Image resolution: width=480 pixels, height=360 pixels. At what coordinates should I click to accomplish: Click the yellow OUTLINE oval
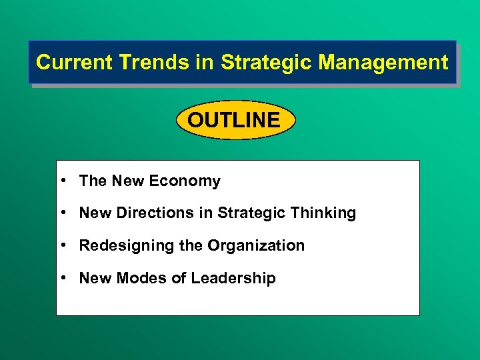pyautogui.click(x=234, y=120)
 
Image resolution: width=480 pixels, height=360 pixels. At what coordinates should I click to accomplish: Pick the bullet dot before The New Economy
pyautogui.click(x=61, y=181)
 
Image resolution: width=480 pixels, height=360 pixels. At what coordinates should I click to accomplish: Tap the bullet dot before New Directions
pyautogui.click(x=61, y=213)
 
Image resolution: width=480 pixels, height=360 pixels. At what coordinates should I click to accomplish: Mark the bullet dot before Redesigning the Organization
pyautogui.click(x=61, y=245)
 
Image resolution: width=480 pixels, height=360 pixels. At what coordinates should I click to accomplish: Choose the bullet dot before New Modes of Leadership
pyautogui.click(x=61, y=278)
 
